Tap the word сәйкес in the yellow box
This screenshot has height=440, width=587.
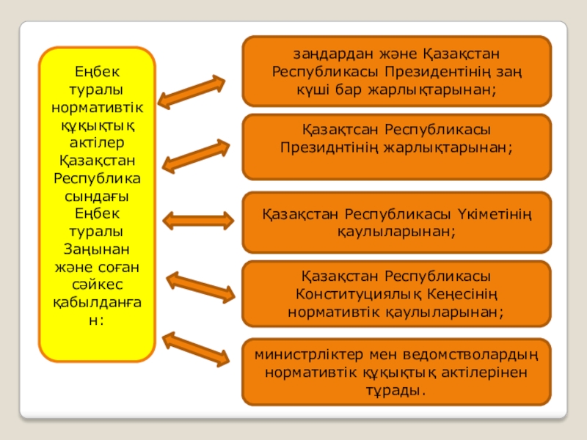click(x=97, y=283)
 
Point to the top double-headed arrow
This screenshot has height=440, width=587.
click(x=192, y=93)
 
